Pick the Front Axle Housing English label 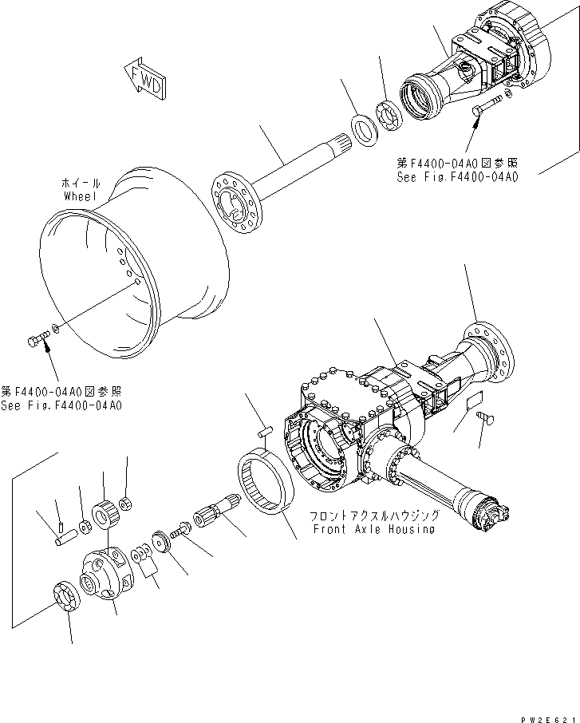[373, 529]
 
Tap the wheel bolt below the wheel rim [37, 342]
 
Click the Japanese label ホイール [80, 184]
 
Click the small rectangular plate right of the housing [474, 403]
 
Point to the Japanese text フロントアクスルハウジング [373, 516]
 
